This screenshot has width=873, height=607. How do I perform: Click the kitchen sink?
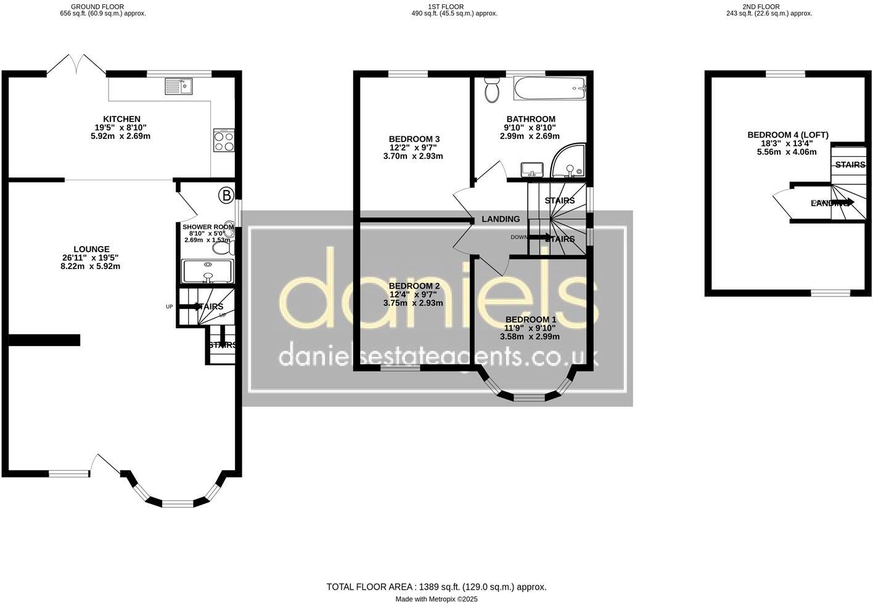[179, 86]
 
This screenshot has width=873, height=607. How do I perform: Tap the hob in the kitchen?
[224, 140]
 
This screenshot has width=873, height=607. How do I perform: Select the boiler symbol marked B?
[226, 196]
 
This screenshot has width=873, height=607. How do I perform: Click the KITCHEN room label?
[121, 119]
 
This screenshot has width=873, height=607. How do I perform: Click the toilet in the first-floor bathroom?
[492, 90]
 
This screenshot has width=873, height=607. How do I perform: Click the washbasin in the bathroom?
[531, 169]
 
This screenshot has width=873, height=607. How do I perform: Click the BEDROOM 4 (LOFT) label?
[788, 135]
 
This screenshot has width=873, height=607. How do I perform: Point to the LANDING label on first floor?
[501, 219]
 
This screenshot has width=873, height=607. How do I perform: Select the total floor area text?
[436, 587]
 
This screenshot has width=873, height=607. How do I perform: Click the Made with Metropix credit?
[436, 599]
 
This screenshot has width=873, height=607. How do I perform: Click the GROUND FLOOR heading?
[97, 7]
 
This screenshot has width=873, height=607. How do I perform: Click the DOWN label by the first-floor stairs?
[518, 237]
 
